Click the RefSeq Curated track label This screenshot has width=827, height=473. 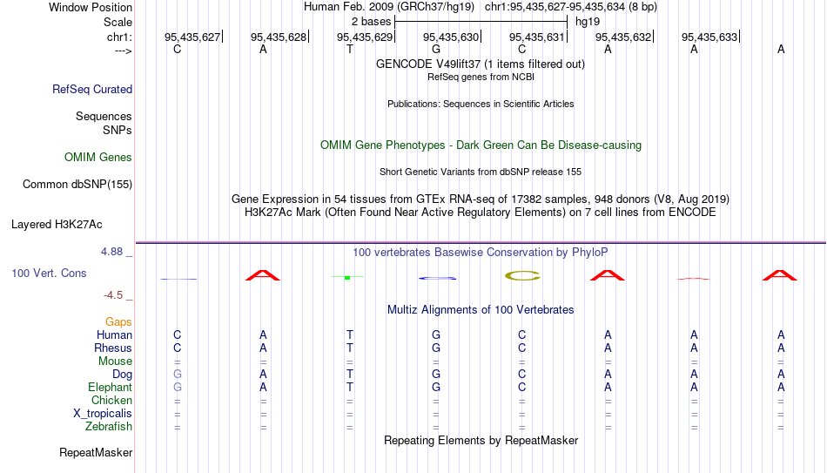point(92,89)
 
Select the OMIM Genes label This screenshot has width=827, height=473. point(98,158)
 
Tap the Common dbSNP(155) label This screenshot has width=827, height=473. point(77,185)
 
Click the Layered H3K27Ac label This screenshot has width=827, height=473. point(57,225)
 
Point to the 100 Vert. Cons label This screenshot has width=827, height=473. point(49,273)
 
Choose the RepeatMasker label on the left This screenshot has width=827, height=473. point(96,452)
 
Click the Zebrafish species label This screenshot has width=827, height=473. point(109,426)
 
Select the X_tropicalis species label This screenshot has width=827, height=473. point(103,414)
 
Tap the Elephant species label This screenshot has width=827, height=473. point(111,387)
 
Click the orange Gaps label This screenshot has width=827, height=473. point(118,322)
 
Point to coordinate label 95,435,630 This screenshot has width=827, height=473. point(451,37)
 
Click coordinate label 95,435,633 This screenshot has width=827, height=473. point(709,37)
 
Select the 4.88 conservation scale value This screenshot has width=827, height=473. point(111,252)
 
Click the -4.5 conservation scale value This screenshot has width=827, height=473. point(113,295)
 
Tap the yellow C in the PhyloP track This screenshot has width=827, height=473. point(522,275)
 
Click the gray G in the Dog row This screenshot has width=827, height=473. point(178,375)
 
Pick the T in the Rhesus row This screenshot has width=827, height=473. point(350,348)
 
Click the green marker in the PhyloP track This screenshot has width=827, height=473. point(347,277)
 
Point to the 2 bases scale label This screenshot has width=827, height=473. point(372,22)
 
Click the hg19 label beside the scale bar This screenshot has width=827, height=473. point(588,22)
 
